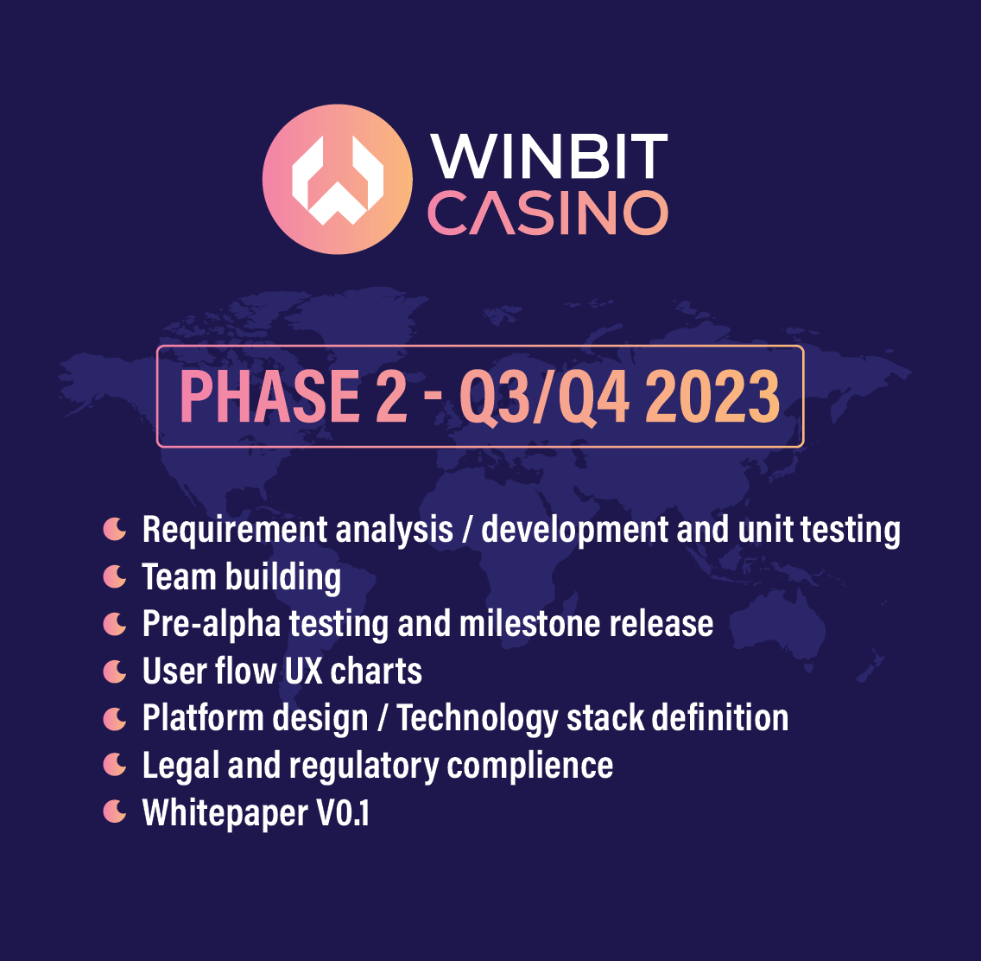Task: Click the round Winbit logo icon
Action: pyautogui.click(x=337, y=179)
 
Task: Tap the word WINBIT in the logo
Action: pyautogui.click(x=548, y=156)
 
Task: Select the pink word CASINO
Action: pyautogui.click(x=548, y=213)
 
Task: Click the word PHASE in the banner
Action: pyautogui.click(x=269, y=396)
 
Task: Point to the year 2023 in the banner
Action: pyautogui.click(x=712, y=396)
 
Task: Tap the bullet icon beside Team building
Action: pyautogui.click(x=115, y=576)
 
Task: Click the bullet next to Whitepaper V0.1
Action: pyautogui.click(x=115, y=811)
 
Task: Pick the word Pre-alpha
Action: pyautogui.click(x=212, y=624)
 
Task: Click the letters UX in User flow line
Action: pyautogui.click(x=303, y=671)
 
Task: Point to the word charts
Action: pyautogui.click(x=376, y=671)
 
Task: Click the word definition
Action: pyautogui.click(x=720, y=717)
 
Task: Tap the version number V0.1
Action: pyautogui.click(x=344, y=812)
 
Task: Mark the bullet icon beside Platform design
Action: pyautogui.click(x=115, y=719)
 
